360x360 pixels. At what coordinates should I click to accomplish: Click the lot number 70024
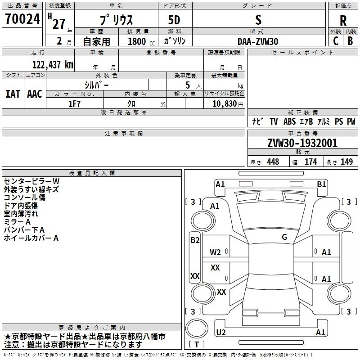point(22,19)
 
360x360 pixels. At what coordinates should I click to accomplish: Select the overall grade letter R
point(343,21)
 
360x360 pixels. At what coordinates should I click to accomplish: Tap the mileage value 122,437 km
point(53,65)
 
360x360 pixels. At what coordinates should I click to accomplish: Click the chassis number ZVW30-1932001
point(302,143)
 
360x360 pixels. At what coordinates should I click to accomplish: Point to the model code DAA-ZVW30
point(258,41)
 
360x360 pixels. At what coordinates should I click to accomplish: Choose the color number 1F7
point(74,104)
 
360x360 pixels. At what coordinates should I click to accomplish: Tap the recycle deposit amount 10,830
point(224,104)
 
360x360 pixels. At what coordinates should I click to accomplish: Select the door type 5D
point(174,20)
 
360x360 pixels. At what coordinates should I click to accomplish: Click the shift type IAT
point(13,94)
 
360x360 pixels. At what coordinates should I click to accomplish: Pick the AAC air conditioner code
point(35,94)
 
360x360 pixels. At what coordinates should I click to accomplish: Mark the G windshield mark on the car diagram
point(284,237)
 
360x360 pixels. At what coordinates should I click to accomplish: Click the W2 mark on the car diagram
point(215,252)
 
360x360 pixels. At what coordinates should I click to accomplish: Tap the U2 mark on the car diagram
point(221,332)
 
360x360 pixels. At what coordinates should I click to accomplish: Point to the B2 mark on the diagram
point(195,240)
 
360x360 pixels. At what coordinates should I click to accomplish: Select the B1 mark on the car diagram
point(321,184)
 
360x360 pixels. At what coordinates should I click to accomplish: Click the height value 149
point(346,162)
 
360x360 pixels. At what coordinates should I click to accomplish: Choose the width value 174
point(310,162)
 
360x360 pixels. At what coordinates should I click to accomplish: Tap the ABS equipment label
point(289,121)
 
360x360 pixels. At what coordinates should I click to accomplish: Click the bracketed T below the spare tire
point(197,345)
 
